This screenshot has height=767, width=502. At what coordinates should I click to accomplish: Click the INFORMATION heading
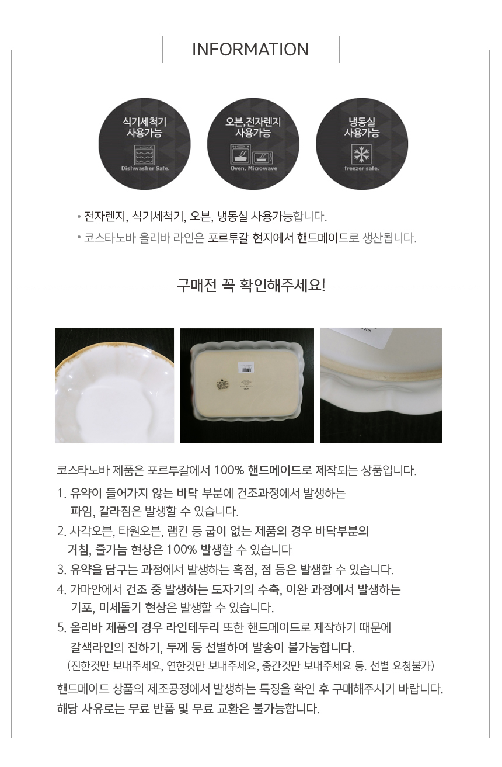click(250, 49)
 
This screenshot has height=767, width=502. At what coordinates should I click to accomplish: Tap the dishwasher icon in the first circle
click(144, 155)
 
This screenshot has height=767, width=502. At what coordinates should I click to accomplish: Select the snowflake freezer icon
click(361, 154)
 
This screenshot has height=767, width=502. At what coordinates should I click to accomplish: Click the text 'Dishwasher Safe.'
click(145, 168)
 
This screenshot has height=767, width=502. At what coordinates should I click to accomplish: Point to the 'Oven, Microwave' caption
click(253, 168)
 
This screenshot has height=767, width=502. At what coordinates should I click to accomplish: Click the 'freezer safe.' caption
click(362, 168)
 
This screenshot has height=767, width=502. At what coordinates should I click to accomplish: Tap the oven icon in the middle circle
click(240, 154)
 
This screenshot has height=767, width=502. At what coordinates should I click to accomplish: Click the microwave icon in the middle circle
click(263, 158)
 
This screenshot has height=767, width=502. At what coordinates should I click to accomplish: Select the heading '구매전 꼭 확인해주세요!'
click(251, 285)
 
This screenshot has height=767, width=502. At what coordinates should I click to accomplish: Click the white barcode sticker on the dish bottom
click(245, 368)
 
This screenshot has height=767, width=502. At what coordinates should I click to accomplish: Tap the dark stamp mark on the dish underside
click(222, 384)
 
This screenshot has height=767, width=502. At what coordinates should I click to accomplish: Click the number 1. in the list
click(62, 494)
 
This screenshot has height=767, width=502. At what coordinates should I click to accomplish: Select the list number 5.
click(62, 627)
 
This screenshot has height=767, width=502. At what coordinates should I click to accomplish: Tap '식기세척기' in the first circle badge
click(144, 122)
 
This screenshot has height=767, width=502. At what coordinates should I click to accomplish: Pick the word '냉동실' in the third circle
click(362, 122)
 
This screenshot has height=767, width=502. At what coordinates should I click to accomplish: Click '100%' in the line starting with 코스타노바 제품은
click(229, 470)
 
